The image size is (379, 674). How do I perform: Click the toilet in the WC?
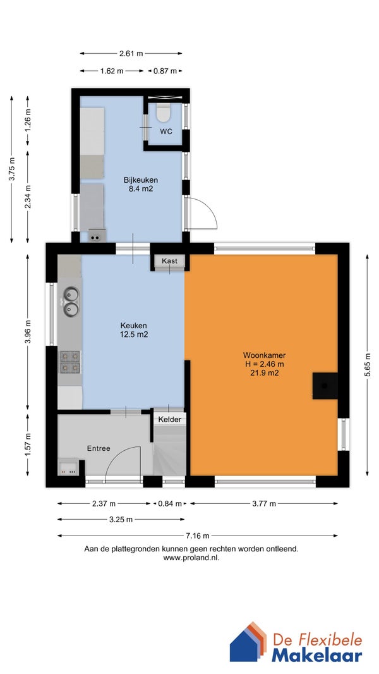pos(163,112)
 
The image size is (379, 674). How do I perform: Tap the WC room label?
pos(166,132)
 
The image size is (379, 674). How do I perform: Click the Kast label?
pos(169,261)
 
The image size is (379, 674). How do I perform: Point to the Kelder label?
pos(170,420)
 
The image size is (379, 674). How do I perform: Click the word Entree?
pos(99,448)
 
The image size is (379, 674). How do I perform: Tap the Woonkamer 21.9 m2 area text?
pos(265,373)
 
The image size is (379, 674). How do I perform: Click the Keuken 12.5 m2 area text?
pos(134,334)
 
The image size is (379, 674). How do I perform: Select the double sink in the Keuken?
pos(71,302)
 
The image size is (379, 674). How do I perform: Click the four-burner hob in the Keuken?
pos(69,362)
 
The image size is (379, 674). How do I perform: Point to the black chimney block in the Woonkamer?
pos(325,386)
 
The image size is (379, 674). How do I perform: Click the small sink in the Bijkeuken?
pos(97,236)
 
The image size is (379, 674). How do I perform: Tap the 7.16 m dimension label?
pos(198,536)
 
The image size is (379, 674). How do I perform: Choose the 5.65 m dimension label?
pos(368,365)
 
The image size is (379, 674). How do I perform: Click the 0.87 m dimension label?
pos(165,71)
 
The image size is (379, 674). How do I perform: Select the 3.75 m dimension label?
pos(12,169)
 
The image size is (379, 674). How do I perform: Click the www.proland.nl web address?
pos(191,558)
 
